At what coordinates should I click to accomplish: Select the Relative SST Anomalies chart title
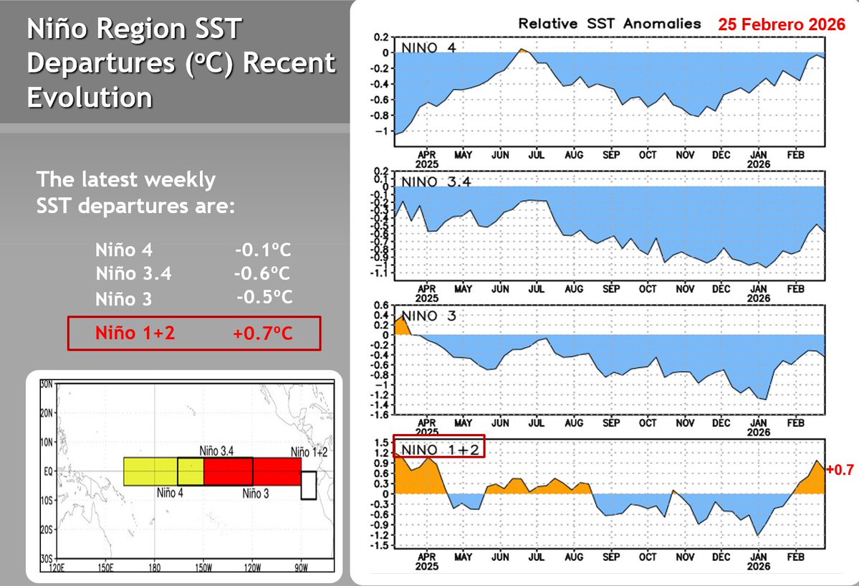click(x=609, y=23)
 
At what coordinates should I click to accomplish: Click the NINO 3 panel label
click(x=431, y=316)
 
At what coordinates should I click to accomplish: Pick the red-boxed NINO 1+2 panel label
click(x=439, y=450)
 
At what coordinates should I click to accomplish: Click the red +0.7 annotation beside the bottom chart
click(x=840, y=470)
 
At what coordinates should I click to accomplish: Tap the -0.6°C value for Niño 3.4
click(x=261, y=274)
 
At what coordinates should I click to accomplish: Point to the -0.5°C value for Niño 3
click(x=264, y=297)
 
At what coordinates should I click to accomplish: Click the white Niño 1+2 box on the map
click(x=309, y=485)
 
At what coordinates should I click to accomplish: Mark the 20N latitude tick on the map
click(x=48, y=414)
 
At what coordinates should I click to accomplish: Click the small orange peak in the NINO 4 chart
click(x=522, y=49)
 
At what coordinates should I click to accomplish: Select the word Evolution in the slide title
click(x=90, y=96)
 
